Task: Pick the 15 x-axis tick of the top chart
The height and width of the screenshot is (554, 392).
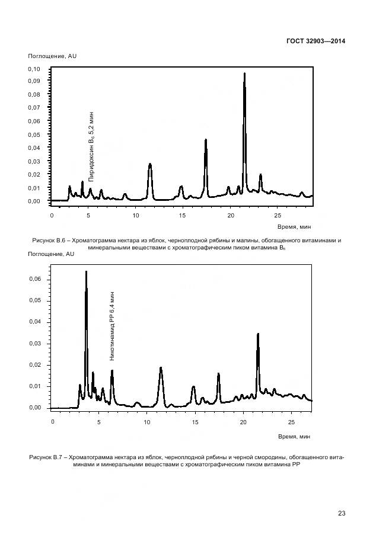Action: click(182, 215)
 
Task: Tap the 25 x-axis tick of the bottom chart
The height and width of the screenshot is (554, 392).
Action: click(291, 422)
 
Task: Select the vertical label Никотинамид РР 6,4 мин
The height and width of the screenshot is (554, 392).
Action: click(112, 326)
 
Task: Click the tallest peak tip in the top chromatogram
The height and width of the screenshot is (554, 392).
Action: click(244, 73)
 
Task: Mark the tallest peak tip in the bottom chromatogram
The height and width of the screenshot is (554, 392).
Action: click(86, 271)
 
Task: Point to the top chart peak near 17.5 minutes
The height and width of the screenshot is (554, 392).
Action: click(206, 140)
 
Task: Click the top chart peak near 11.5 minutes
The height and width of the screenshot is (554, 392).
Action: click(150, 164)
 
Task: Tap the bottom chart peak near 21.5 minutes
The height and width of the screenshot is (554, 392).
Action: click(258, 334)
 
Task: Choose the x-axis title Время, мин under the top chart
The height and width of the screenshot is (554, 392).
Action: click(294, 226)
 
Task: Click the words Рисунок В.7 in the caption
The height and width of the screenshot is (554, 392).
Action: click(44, 457)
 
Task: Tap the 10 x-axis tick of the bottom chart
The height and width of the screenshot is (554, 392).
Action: click(148, 422)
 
